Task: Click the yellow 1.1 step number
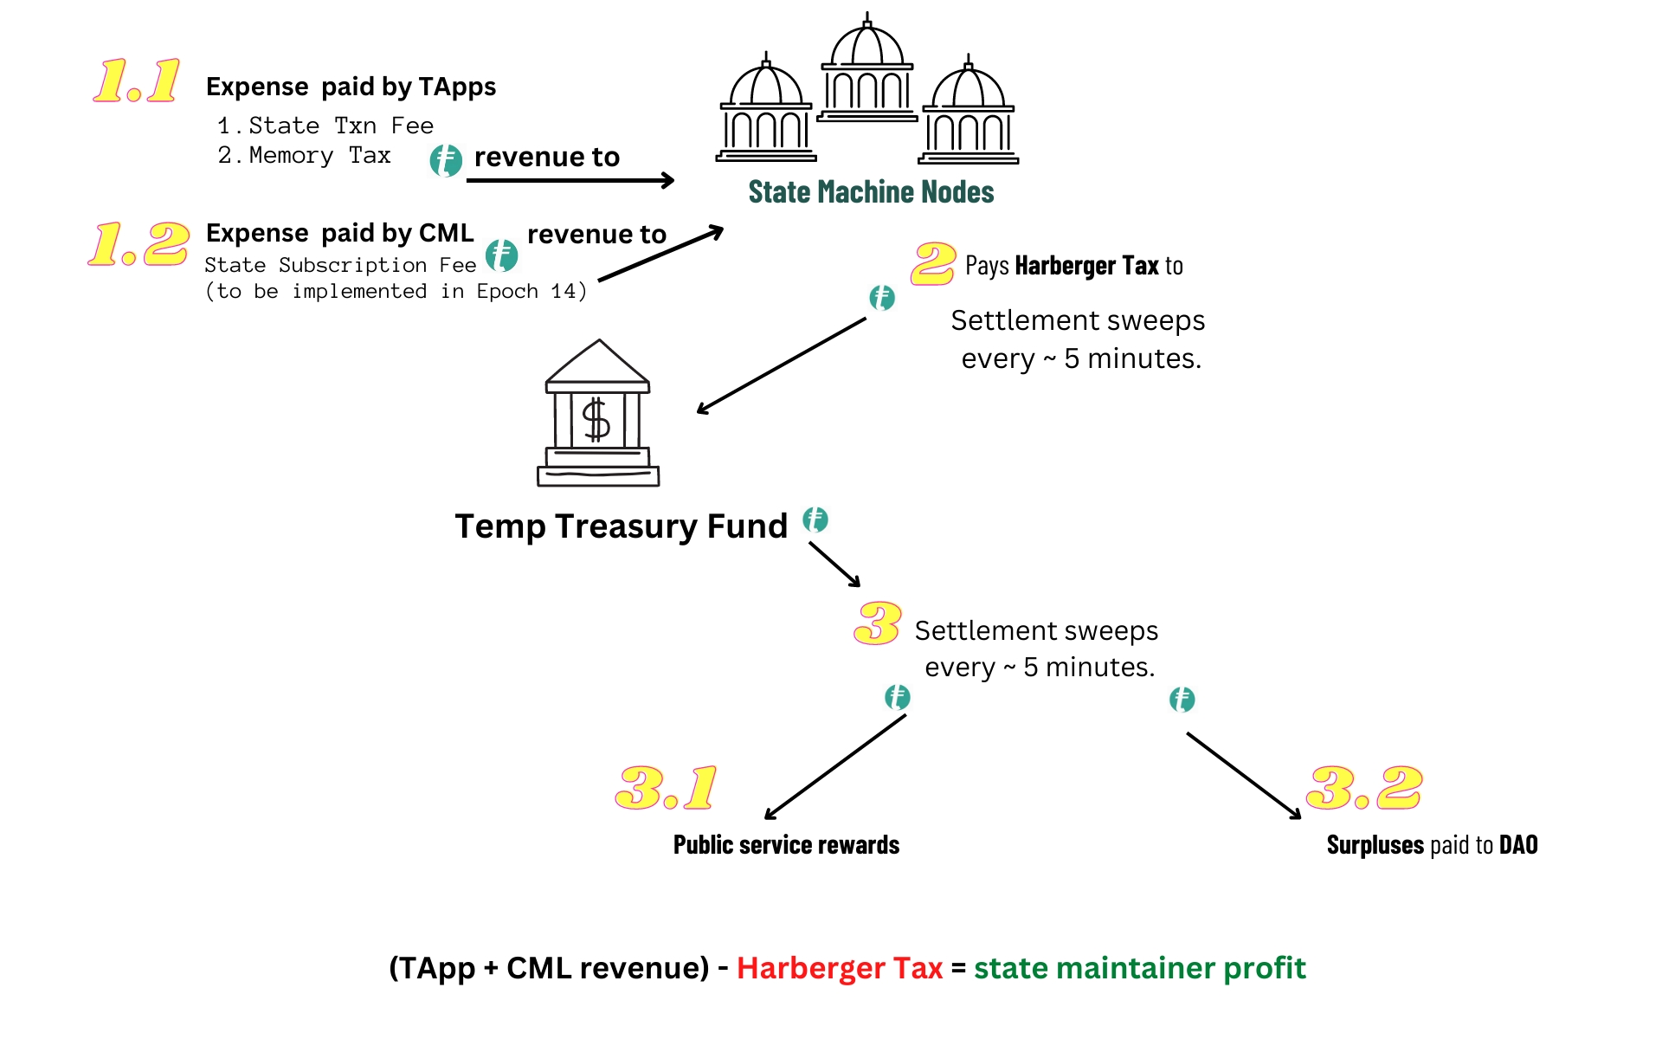tap(137, 81)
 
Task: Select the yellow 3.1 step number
tap(666, 788)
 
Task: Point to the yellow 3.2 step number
tap(1364, 788)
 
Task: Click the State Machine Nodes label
tap(871, 192)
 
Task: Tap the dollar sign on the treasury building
tap(596, 421)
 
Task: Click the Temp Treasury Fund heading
tap(621, 526)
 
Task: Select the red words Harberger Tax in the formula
tap(839, 968)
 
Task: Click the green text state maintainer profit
tap(1139, 968)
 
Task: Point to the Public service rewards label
tap(786, 845)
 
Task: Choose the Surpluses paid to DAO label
tap(1432, 845)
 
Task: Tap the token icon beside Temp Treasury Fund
tap(815, 519)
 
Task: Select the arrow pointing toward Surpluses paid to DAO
tap(1244, 776)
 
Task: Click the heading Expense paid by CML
tap(339, 233)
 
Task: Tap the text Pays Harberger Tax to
tap(1073, 266)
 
